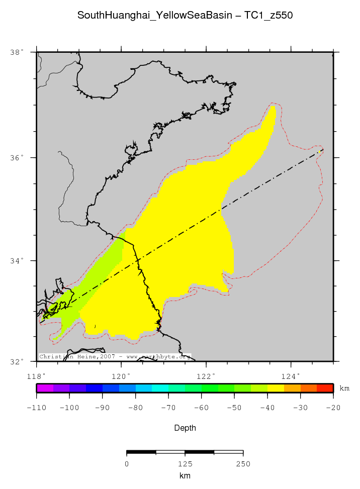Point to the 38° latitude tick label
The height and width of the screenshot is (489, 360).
17,52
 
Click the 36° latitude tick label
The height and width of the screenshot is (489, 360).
17,157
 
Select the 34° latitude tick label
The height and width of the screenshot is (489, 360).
17,260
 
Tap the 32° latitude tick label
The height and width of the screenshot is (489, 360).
17,361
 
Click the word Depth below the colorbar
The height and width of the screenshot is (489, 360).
185,428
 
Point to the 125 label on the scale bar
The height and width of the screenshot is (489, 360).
185,464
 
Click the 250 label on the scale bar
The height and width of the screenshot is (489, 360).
243,464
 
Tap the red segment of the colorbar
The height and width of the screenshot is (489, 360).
325,388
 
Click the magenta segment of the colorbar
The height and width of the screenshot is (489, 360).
45,388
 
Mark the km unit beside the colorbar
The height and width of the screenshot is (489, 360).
344,388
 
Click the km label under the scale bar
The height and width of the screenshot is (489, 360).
185,475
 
